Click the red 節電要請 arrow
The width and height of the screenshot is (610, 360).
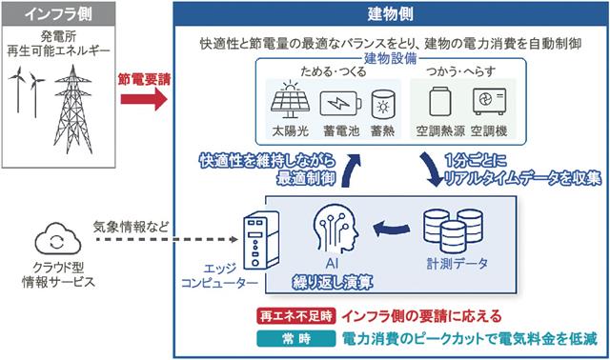[144, 99]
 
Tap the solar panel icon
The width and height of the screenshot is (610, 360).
[290, 100]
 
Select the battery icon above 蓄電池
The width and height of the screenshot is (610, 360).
[341, 104]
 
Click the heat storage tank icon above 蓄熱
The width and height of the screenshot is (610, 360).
[383, 104]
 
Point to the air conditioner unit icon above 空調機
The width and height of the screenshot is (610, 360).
[489, 101]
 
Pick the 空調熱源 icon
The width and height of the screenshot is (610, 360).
[440, 102]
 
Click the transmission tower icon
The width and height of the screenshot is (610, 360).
[73, 109]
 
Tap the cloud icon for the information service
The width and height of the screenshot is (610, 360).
[58, 238]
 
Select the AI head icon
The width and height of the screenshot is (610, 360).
[335, 229]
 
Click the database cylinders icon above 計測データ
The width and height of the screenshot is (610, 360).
[454, 230]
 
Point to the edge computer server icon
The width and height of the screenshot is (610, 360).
[261, 240]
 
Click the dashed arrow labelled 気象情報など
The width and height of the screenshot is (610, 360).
[168, 239]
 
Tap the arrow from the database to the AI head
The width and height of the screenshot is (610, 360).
[392, 229]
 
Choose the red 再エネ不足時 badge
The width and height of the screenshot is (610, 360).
[295, 315]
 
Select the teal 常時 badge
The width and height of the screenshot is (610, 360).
[296, 339]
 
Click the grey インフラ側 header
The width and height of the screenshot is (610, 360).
[59, 14]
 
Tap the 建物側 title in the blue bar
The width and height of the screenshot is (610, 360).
[390, 14]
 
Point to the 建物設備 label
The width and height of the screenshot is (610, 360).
[390, 58]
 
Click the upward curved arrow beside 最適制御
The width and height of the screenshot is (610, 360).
[350, 170]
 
